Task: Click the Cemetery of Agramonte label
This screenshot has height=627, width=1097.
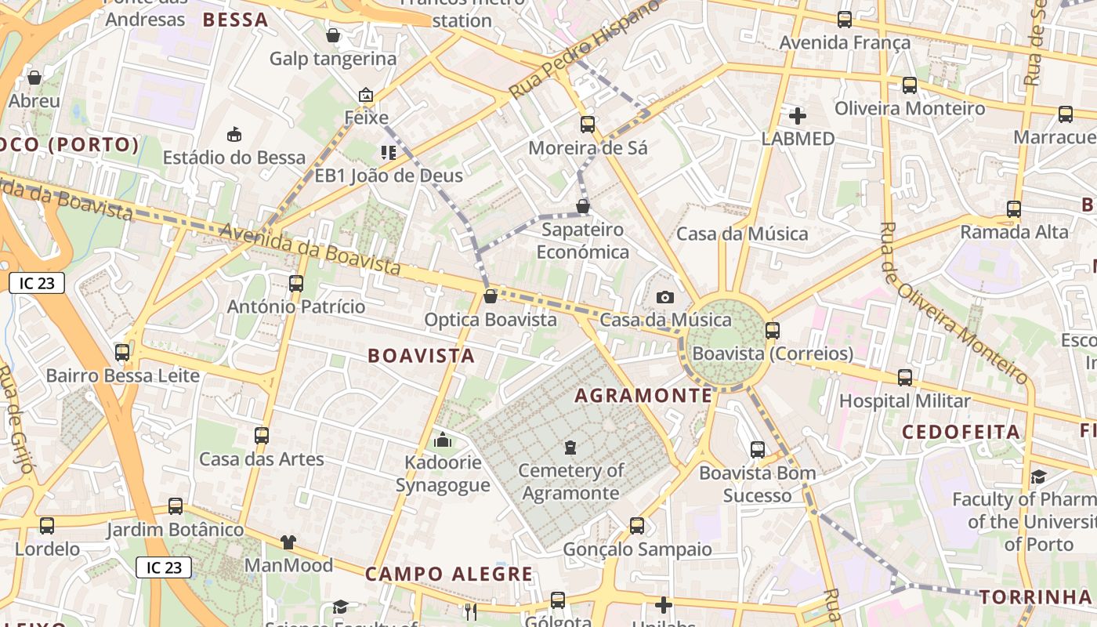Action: [x=570, y=482]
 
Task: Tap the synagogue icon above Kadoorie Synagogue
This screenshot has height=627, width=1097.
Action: [x=443, y=440]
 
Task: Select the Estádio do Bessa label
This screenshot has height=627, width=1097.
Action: [x=234, y=158]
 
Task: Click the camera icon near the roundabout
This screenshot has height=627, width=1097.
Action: [x=665, y=297]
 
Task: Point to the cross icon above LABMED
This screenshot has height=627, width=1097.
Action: [x=798, y=116]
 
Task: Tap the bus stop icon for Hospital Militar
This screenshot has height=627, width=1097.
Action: [x=905, y=378]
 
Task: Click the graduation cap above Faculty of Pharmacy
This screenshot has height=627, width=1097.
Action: [x=1038, y=477]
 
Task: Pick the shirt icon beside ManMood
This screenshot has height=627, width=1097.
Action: [x=288, y=542]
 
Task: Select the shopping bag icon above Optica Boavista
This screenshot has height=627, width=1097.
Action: [x=491, y=296]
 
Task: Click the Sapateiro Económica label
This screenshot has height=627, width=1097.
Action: [x=583, y=241]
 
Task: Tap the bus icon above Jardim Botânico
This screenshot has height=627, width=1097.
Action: [x=176, y=506]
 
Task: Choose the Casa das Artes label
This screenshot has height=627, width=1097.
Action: [x=262, y=459]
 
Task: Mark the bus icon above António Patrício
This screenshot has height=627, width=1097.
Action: [x=296, y=284]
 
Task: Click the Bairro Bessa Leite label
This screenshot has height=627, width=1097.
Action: [x=123, y=376]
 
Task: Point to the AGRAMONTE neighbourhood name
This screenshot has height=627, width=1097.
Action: [x=644, y=396]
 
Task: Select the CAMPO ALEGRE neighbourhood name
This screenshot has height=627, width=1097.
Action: [x=449, y=574]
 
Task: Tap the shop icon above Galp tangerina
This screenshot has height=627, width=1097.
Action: [x=333, y=35]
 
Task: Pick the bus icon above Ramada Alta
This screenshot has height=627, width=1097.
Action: [x=1014, y=209]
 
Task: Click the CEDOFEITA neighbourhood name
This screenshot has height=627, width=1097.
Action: [x=961, y=433]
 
